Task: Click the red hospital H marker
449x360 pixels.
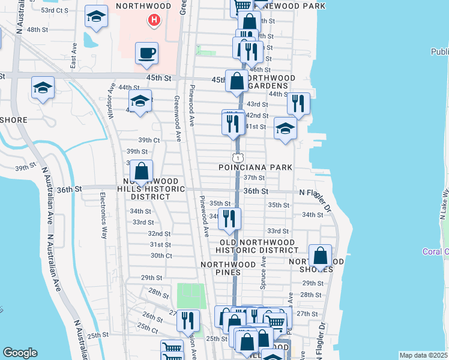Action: click(x=154, y=20)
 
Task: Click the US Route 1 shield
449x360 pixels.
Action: click(x=238, y=157)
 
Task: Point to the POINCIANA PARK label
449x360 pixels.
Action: click(x=255, y=167)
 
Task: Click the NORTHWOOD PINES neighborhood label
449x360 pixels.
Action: click(x=229, y=269)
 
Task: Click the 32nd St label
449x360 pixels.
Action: click(x=159, y=233)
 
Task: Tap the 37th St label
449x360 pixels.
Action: click(x=254, y=178)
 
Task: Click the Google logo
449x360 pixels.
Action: click(x=20, y=353)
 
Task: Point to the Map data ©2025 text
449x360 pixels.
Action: click(x=423, y=355)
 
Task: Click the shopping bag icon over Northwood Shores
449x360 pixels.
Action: click(x=321, y=256)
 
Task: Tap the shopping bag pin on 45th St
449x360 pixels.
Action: click(x=237, y=80)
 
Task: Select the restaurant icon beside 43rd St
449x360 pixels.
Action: click(x=298, y=103)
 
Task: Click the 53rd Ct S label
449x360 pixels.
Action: click(x=55, y=10)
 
